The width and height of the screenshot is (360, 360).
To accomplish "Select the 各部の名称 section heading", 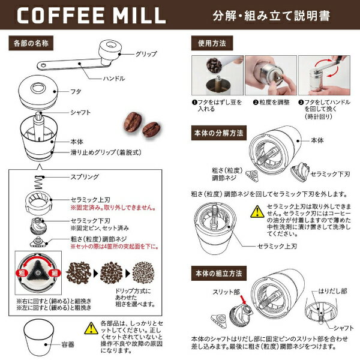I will tap(31, 44).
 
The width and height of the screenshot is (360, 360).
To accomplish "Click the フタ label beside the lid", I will tap(76, 92).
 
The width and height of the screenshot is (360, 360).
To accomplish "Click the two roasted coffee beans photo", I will tap(142, 123).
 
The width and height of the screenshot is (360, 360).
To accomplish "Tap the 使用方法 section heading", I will tap(211, 44).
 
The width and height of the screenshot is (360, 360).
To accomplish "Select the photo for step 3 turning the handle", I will tap(323, 77).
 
